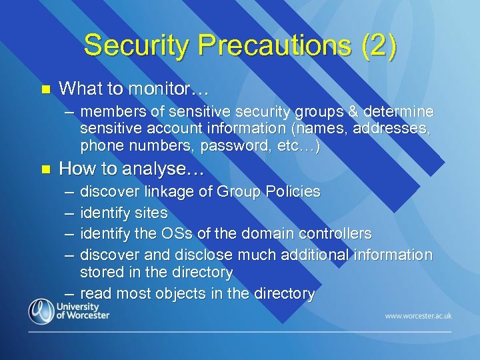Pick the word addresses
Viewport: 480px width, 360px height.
click(394, 128)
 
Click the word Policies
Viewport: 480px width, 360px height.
click(293, 192)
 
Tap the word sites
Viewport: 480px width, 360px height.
click(151, 213)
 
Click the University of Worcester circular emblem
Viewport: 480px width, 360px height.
click(42, 311)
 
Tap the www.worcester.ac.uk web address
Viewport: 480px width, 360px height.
click(417, 315)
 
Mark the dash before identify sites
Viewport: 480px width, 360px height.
click(69, 213)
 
